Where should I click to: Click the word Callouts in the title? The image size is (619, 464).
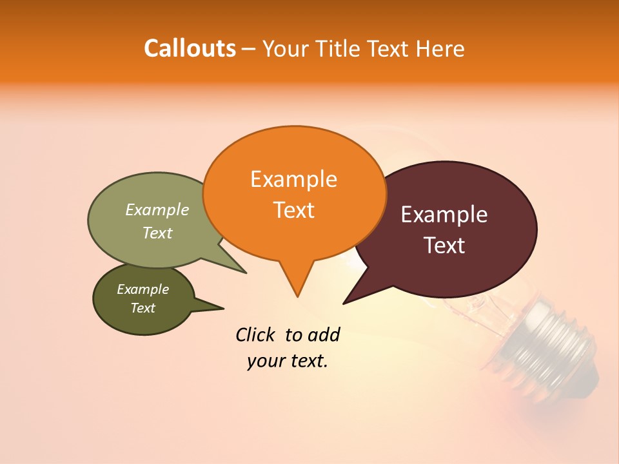click(190, 48)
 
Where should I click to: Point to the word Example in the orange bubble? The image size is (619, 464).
click(293, 179)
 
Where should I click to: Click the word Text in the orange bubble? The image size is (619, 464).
click(293, 210)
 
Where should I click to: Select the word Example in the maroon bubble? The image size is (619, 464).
click(444, 215)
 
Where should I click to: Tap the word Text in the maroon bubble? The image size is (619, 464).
click(444, 246)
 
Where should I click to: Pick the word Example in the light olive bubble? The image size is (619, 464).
click(157, 210)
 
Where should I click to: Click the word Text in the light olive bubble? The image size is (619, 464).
click(157, 233)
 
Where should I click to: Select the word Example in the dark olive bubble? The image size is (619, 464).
click(142, 289)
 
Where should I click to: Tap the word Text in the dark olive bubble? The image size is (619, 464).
click(142, 308)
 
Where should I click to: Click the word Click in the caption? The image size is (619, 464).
click(257, 334)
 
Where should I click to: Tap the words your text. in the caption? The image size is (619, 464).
click(287, 362)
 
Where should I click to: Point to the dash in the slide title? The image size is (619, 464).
click(250, 49)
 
